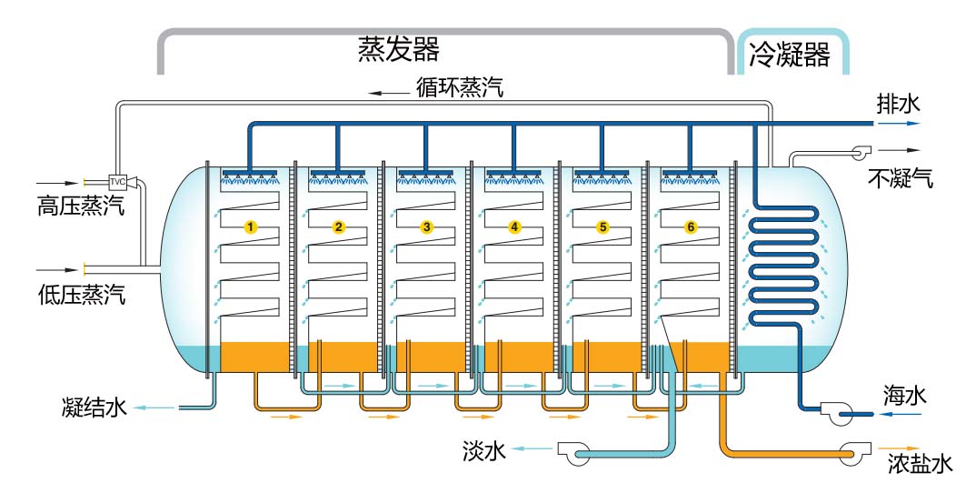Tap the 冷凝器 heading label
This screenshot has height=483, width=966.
click(x=790, y=55)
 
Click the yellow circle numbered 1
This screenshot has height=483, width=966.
click(x=251, y=226)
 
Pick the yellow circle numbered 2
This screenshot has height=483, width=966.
click(x=339, y=226)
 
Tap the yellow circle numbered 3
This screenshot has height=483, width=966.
click(x=427, y=226)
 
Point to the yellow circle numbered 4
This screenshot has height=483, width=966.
click(x=515, y=226)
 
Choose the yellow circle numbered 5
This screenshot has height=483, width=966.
click(x=603, y=226)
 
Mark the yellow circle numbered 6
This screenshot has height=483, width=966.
click(x=691, y=226)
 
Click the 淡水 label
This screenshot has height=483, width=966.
click(x=483, y=448)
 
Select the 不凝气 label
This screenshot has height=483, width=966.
click(x=900, y=177)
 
